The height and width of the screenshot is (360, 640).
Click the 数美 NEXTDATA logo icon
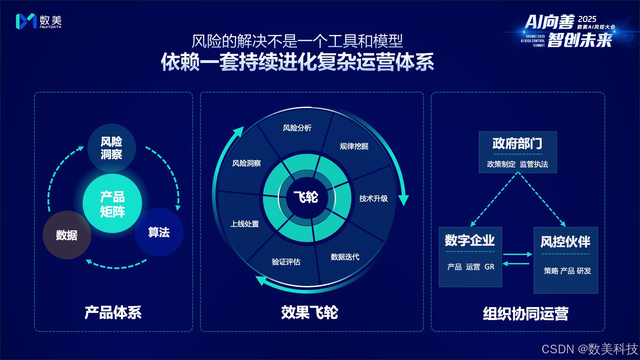pyautogui.click(x=26, y=21)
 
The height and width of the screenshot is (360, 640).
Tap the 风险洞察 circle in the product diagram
pyautogui.click(x=111, y=148)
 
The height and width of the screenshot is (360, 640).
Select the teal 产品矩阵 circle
pyautogui.click(x=112, y=203)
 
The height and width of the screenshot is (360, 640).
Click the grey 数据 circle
pyautogui.click(x=67, y=235)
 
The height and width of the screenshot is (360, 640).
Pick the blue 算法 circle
pyautogui.click(x=159, y=232)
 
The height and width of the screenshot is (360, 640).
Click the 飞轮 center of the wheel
pyautogui.click(x=306, y=197)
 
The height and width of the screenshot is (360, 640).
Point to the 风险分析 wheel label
pyautogui.click(x=297, y=128)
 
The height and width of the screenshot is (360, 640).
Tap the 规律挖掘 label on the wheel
pyautogui.click(x=354, y=146)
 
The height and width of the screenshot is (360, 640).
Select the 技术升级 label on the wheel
pyautogui.click(x=373, y=199)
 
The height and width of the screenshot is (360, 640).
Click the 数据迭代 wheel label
pyautogui.click(x=345, y=257)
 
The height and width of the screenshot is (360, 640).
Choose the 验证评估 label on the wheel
pyautogui.click(x=286, y=262)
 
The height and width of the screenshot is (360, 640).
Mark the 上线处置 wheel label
pyautogui.click(x=245, y=224)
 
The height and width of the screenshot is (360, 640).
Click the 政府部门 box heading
pyautogui.click(x=517, y=144)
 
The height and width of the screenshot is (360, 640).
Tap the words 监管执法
pyautogui.click(x=534, y=164)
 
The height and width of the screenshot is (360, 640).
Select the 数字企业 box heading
pyautogui.click(x=470, y=240)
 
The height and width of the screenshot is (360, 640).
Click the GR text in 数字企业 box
pyautogui.click(x=489, y=267)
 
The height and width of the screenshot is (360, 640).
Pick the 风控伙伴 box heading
pyautogui.click(x=565, y=242)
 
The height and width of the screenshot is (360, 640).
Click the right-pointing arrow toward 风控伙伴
pyautogui.click(x=518, y=254)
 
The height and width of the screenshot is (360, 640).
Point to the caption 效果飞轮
pyautogui.click(x=309, y=313)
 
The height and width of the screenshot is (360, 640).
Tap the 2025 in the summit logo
pyautogui.click(x=587, y=19)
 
